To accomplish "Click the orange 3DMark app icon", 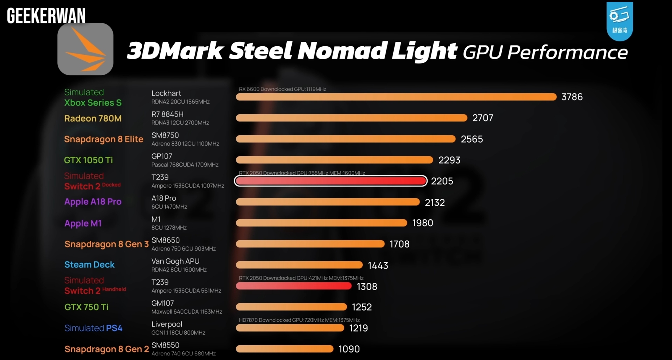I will coord(85,49).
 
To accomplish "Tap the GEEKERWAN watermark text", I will coord(46,16).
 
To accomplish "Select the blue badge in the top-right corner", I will coord(619,21).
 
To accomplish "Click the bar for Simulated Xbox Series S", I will coord(396,97).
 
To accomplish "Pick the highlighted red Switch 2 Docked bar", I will coord(331,181).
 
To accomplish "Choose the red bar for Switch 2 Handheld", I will coord(294,286).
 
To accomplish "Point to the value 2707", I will coord(483,118).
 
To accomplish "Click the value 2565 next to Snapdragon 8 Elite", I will coord(471,139).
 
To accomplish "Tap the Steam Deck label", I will coord(89,265).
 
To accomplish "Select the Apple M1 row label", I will coord(83,223).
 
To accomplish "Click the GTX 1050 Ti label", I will coord(88,160).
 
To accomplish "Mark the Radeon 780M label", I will coord(93,118).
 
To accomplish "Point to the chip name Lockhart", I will coord(166,93).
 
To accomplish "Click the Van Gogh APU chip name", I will coord(175,261).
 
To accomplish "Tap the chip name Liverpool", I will coord(167,324).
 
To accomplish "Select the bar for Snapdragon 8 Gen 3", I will coord(310,244).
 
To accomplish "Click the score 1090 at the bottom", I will coord(349,349).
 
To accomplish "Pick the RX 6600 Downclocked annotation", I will coord(282,89).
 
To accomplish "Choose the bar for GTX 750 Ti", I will coord(291,307).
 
